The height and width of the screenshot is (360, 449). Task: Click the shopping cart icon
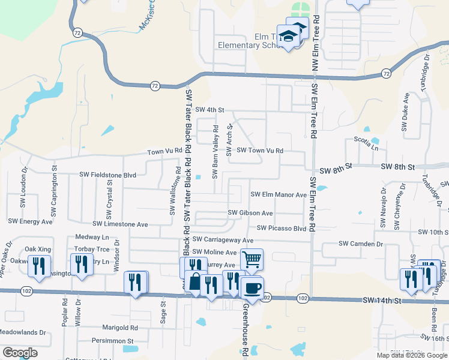coord(252,260)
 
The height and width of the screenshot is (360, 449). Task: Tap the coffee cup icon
coord(252,288)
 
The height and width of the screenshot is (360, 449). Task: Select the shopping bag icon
coord(196,281)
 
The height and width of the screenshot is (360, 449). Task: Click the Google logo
coord(20,353)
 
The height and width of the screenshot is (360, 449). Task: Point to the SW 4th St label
coord(209,110)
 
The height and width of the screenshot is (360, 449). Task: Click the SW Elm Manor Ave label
coord(279,194)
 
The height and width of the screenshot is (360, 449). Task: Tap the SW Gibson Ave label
coord(250,213)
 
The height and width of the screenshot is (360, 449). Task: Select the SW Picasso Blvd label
coord(282,229)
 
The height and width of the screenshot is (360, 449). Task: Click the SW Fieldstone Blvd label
coord(108,175)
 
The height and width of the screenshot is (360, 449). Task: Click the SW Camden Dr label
coord(360,244)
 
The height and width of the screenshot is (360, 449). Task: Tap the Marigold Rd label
coord(120,328)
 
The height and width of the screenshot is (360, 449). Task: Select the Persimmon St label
coord(117,341)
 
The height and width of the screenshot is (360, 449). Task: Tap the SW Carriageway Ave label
coord(218,239)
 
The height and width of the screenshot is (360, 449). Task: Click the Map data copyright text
coord(411,355)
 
